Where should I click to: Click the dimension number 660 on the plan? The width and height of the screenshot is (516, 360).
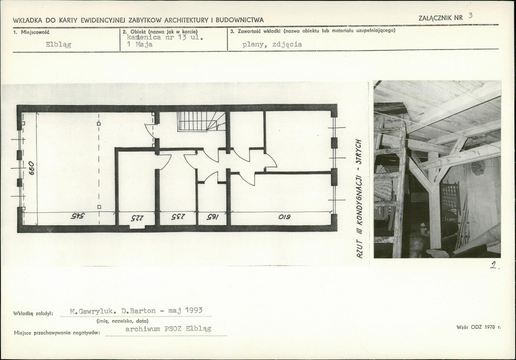coord(31,168)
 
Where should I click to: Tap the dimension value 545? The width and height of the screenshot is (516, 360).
coord(77,216)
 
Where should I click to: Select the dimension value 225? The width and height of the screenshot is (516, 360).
coord(137,218)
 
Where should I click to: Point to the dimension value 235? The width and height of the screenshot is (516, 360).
coord(178,217)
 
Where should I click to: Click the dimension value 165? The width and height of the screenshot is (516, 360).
coord(213,217)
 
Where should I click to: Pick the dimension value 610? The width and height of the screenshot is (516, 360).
coord(284,217)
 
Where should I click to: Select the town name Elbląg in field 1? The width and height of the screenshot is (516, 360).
coord(59,44)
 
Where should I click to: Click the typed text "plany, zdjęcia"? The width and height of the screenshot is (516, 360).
coord(272,44)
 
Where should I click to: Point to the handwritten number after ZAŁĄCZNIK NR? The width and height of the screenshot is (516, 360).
coord(470,16)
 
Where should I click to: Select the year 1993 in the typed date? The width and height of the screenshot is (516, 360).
coord(194,310)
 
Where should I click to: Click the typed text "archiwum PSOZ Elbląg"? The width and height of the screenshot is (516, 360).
coord(168,329)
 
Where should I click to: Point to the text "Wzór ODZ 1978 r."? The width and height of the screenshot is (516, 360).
coord(479,327)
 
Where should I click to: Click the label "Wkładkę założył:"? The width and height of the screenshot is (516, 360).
coord(33,313)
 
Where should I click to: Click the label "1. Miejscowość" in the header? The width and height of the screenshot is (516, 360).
coord(31,32)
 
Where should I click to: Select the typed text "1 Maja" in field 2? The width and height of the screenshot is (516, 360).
coord(139,44)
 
